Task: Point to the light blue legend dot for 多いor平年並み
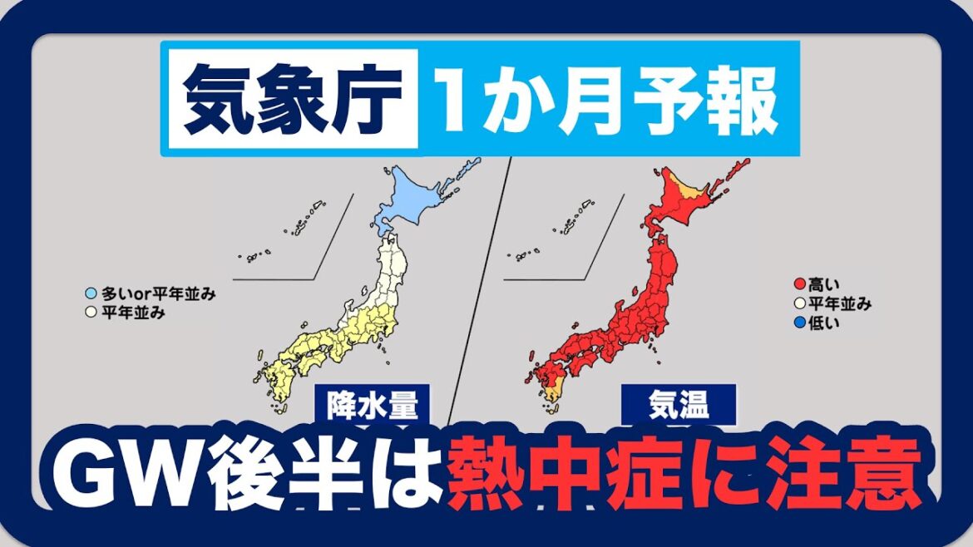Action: click(x=91, y=293)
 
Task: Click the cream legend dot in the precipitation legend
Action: click(x=91, y=313)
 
